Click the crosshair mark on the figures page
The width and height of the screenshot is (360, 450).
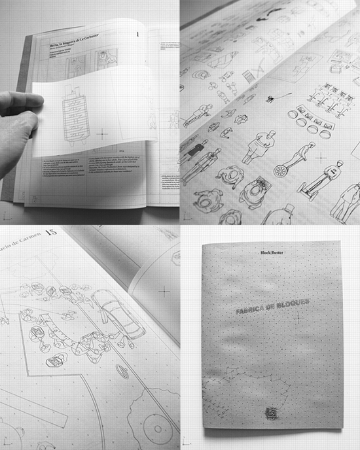coord(320,157)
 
